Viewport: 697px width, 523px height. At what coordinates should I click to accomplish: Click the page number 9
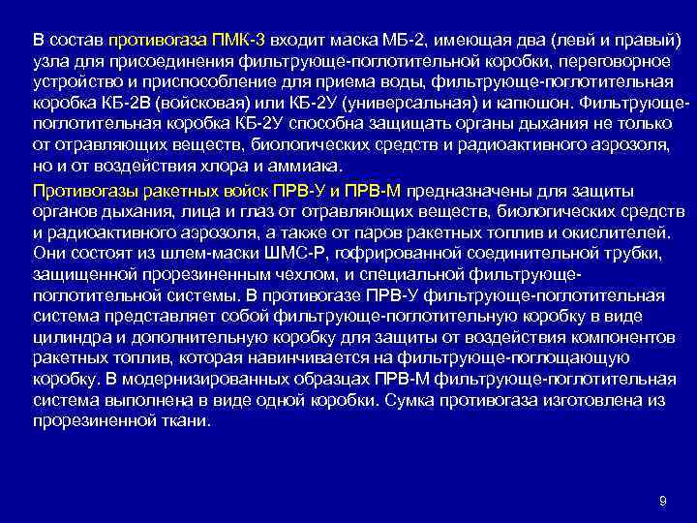pos(662,501)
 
